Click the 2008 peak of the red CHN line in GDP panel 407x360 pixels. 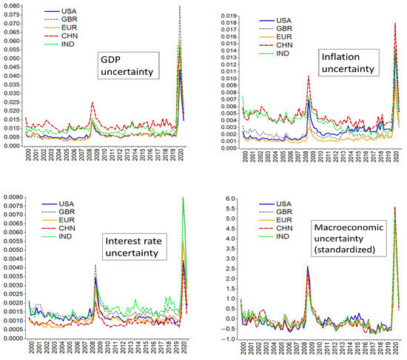[x=92, y=103]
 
